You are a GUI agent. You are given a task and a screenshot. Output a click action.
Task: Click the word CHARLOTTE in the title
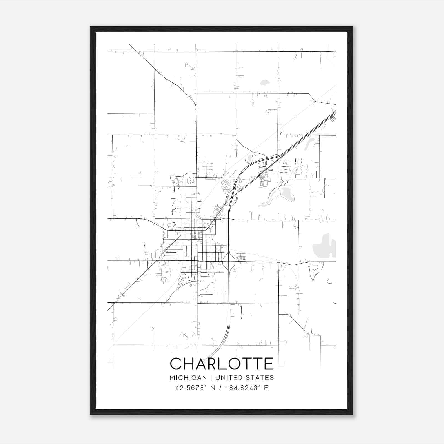point(222,364)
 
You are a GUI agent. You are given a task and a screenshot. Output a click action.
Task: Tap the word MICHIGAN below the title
point(188,378)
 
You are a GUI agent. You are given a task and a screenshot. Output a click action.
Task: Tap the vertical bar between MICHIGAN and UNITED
point(211,378)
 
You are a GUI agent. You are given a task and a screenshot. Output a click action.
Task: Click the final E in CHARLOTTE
point(269,364)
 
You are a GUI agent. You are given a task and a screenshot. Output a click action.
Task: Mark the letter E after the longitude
point(266,388)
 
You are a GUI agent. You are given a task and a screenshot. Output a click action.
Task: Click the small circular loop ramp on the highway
point(235,198)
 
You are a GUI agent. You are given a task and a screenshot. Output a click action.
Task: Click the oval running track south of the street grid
point(204,274)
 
